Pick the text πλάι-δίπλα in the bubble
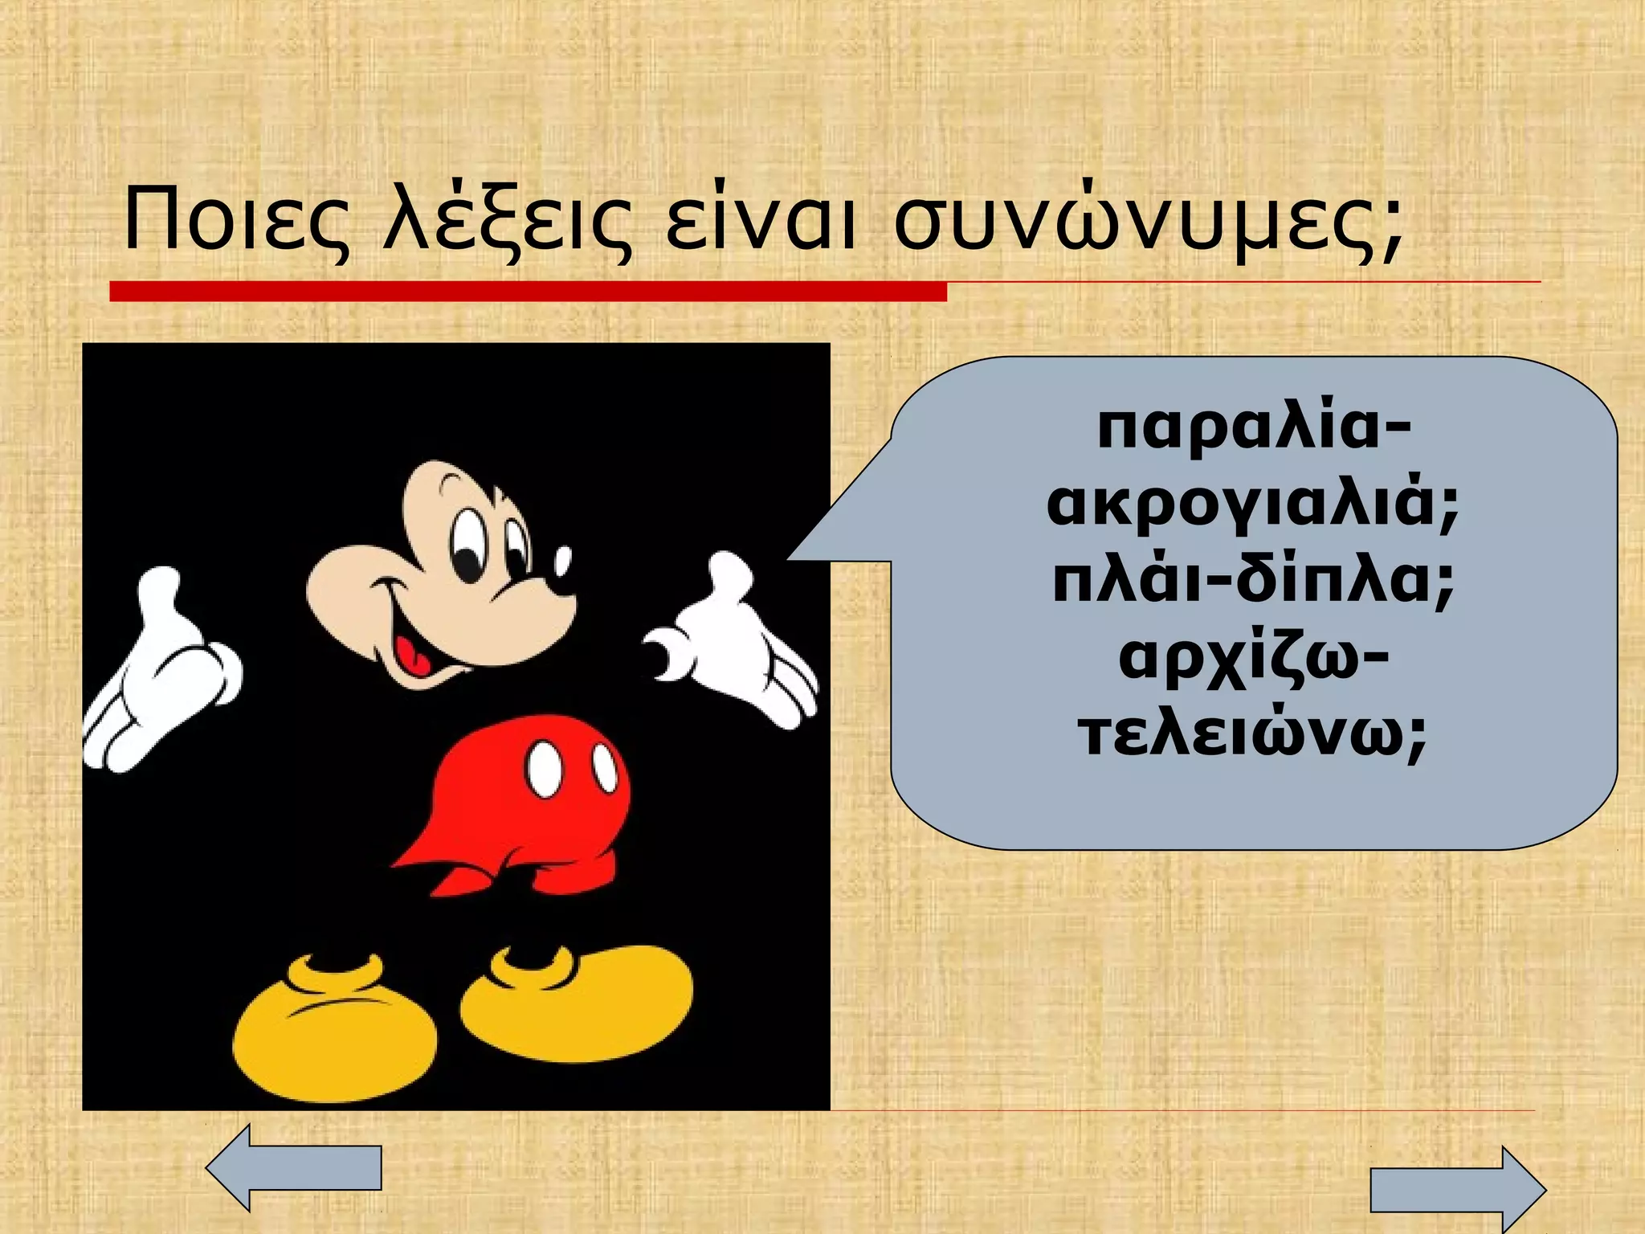1253,584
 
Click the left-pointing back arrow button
293,1167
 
